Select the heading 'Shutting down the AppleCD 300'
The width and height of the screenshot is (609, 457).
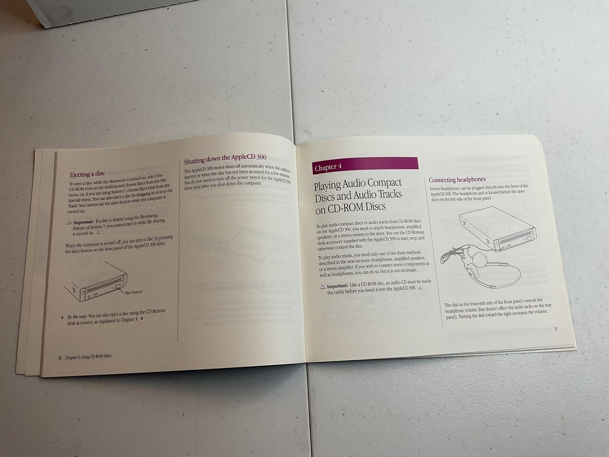(x=225, y=161)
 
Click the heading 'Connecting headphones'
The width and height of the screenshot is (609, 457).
(x=457, y=180)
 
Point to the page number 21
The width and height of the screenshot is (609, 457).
(x=555, y=329)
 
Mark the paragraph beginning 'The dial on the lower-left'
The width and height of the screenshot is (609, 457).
(x=496, y=311)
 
